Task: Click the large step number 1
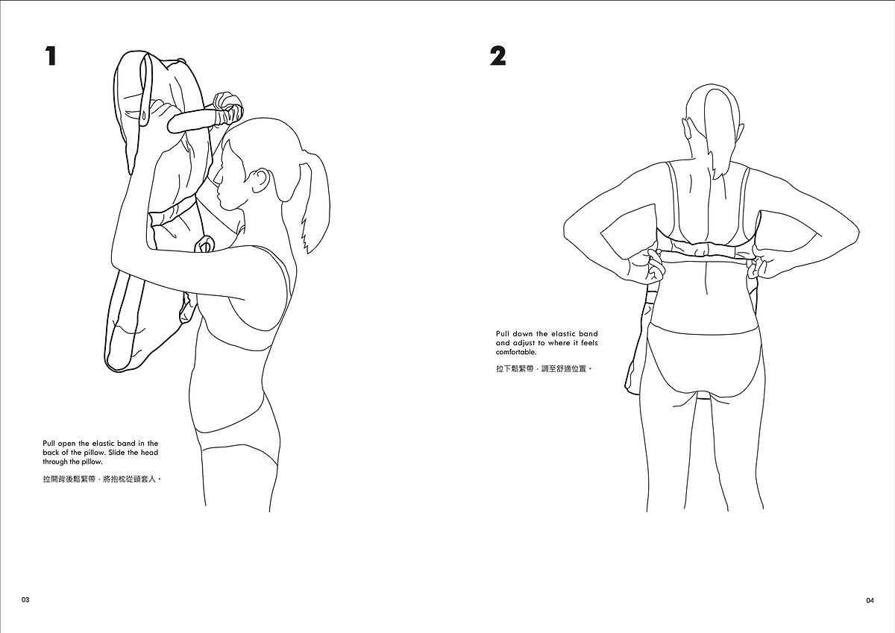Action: click(x=51, y=57)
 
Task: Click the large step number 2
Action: click(x=498, y=57)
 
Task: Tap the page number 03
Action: click(x=25, y=600)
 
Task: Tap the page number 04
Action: click(x=870, y=600)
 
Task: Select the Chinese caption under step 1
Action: click(x=102, y=479)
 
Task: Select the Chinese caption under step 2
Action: click(x=544, y=369)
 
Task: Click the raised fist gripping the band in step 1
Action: click(x=228, y=107)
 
